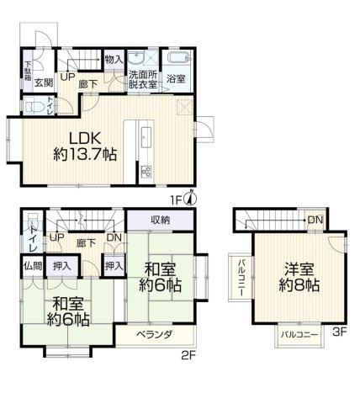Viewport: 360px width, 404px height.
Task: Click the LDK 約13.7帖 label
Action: coord(85,146)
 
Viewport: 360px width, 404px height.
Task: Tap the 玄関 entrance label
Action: coord(44,82)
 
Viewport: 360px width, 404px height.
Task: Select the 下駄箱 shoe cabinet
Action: coord(28,71)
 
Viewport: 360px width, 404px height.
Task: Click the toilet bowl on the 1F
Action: coord(34,106)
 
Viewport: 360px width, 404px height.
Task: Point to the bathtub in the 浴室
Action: coord(179,58)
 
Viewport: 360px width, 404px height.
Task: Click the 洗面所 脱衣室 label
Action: coord(143,80)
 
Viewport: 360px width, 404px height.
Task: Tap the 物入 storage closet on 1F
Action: coord(114,60)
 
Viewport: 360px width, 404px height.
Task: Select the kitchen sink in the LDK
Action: coord(146,136)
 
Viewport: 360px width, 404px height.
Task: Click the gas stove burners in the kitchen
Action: coord(146,172)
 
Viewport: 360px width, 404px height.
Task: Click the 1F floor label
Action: coord(177,199)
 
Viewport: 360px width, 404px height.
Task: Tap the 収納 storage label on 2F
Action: coord(161,220)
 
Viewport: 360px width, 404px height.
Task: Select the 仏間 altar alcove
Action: coord(33,266)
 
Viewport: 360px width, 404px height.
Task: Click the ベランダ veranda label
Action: coord(155,334)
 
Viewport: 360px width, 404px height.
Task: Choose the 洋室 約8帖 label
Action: coord(299,277)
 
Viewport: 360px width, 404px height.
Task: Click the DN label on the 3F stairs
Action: coord(315,220)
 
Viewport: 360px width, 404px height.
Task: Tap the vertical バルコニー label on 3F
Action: coord(241,278)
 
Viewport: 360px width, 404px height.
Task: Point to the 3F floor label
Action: coord(340,332)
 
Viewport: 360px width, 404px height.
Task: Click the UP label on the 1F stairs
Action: coord(67,77)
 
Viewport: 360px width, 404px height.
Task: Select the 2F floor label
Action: coord(188,356)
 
